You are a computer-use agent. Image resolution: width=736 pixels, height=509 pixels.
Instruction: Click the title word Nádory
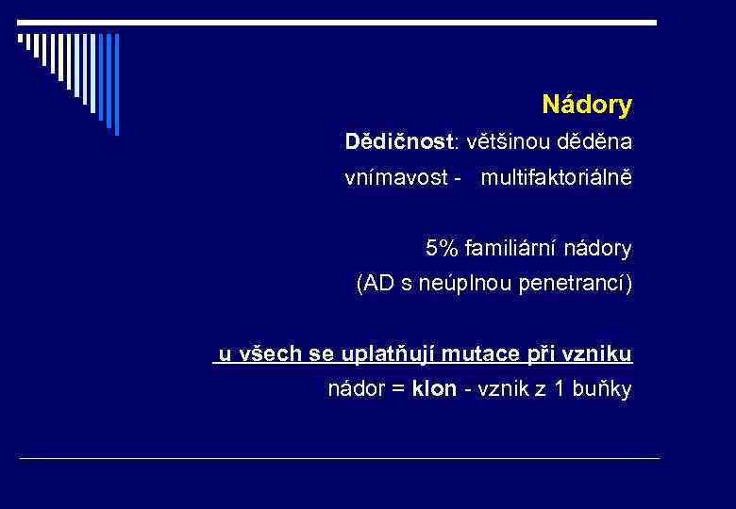tap(586, 106)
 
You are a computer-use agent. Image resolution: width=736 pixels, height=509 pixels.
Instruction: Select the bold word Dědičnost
tap(399, 142)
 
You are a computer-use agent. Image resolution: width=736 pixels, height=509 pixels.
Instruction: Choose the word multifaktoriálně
tap(556, 177)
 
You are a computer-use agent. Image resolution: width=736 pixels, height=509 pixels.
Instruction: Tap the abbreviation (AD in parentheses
tap(373, 284)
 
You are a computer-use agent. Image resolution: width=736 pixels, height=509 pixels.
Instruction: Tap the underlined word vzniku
tap(599, 354)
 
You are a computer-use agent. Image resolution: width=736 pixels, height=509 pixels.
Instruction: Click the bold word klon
tap(434, 389)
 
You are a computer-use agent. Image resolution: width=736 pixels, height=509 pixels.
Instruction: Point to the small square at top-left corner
tap(21, 39)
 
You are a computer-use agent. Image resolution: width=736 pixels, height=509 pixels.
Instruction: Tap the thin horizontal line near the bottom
tap(340, 459)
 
